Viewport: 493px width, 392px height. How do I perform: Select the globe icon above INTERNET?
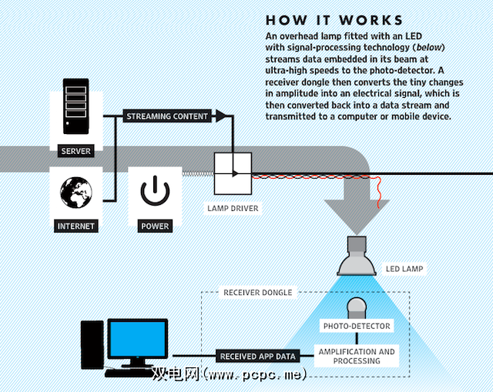(x=75, y=191)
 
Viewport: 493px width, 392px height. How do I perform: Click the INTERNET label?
(x=75, y=226)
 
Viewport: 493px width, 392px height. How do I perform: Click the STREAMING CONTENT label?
(x=167, y=116)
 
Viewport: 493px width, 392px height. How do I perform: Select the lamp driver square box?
(x=233, y=173)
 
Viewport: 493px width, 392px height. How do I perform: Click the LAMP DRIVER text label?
(x=233, y=208)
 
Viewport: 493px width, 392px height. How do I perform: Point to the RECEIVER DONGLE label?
(x=257, y=293)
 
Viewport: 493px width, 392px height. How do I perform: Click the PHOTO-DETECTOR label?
(x=356, y=326)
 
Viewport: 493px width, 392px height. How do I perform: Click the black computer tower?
(x=92, y=346)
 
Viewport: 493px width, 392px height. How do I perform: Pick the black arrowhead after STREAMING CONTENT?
(x=221, y=116)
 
